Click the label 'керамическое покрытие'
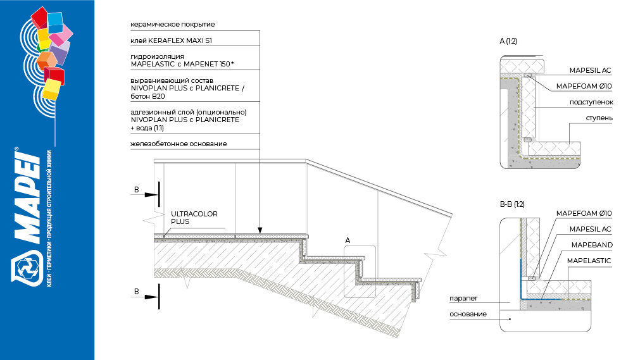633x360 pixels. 172,25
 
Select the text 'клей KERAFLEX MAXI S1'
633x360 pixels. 171,40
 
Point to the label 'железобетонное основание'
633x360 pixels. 179,144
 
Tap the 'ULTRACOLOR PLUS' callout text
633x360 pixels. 194,218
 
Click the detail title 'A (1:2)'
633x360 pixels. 508,41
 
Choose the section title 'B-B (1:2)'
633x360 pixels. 512,204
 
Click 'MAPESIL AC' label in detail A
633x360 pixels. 590,71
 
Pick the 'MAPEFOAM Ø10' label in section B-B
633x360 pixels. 584,213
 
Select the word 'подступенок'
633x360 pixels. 591,102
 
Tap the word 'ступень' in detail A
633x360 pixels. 599,118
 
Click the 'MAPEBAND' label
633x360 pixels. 592,245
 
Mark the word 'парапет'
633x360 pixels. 463,299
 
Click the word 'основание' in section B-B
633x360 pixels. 468,314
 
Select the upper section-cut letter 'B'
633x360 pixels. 137,190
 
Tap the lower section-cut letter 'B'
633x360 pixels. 137,292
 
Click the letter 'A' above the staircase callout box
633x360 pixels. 348,240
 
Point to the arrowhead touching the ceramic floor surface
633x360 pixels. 260,230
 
